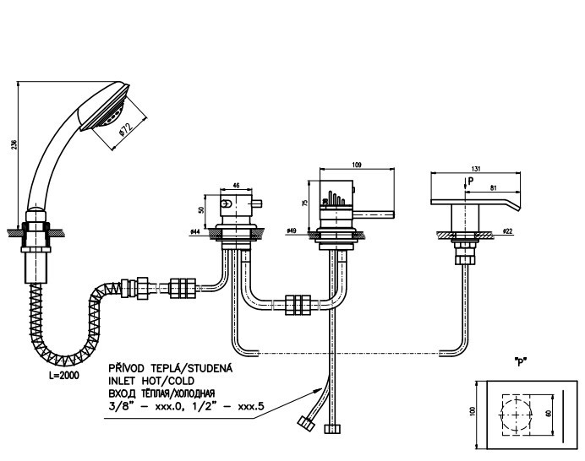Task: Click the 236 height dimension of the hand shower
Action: coord(13,144)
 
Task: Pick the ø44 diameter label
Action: coord(194,230)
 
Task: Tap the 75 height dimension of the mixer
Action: coord(304,203)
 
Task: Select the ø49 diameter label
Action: coord(292,230)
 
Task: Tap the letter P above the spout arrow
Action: coord(470,181)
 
